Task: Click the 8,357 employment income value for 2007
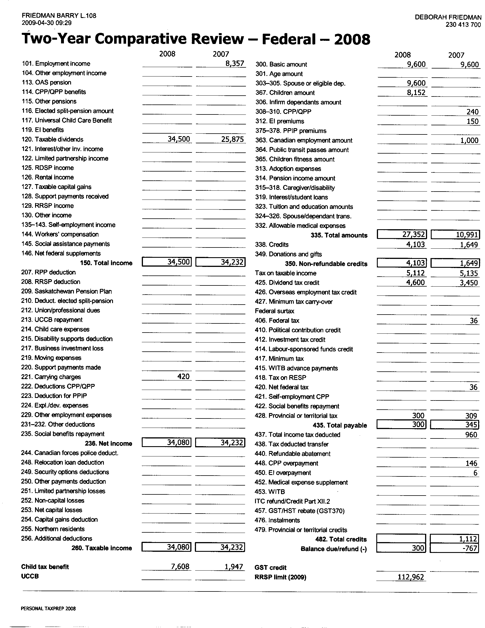235,64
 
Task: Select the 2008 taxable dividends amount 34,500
179,139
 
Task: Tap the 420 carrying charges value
183,377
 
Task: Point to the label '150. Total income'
106,263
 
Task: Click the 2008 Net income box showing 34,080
167,443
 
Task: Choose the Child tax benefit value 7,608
180,566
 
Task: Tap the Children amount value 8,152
416,92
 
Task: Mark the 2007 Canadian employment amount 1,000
469,140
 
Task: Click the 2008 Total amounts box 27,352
402,235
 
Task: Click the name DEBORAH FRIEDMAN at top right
448,17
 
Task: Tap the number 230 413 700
463,25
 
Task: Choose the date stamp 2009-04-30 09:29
47,23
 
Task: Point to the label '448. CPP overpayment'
286,463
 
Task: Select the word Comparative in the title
169,39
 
